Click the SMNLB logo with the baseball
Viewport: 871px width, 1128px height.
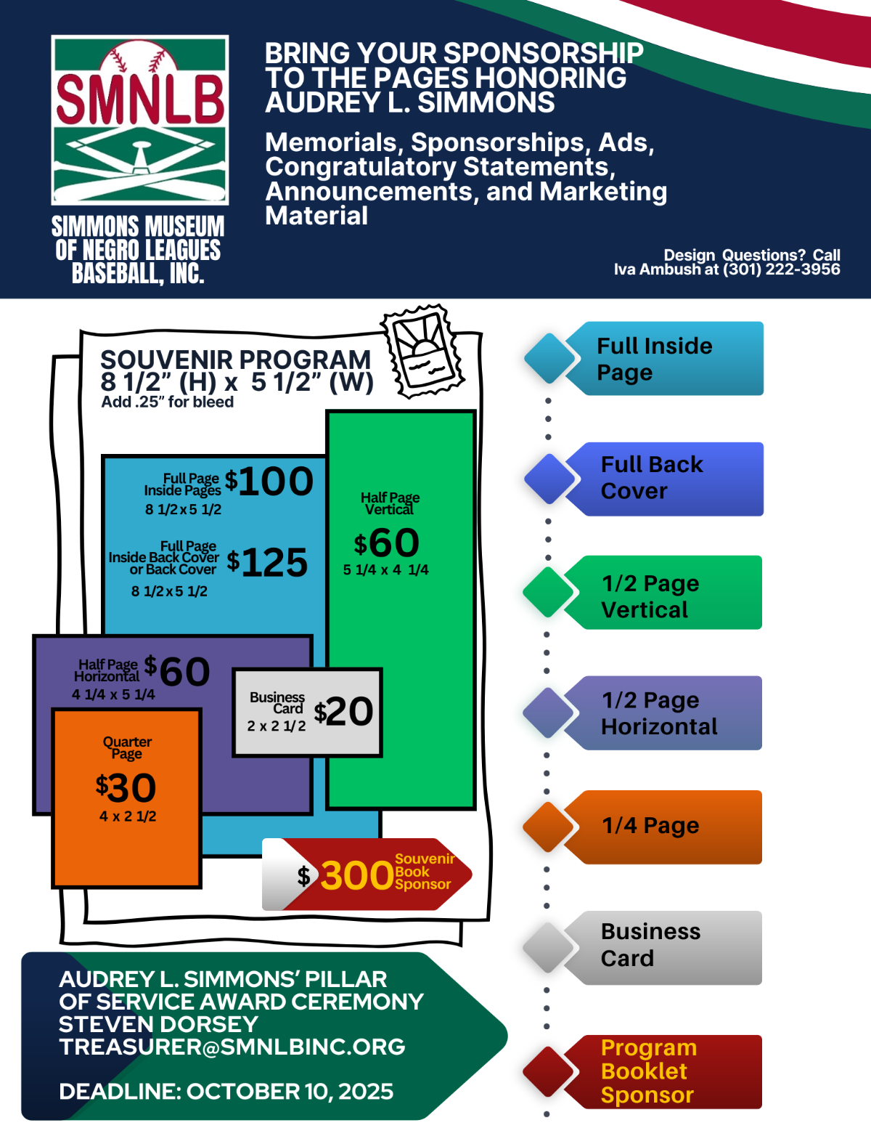140,120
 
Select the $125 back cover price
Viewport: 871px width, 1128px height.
268,562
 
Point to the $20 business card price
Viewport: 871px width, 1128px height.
344,711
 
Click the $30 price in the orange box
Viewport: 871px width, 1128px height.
126,787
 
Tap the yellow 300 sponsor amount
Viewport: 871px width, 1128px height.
357,875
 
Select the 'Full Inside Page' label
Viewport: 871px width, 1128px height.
654,359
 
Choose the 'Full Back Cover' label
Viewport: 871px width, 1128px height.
651,478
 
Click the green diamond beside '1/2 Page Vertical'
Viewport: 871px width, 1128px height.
549,592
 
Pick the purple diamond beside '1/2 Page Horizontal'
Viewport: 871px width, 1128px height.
549,713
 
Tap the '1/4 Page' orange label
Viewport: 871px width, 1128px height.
650,826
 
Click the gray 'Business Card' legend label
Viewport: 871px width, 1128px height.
650,945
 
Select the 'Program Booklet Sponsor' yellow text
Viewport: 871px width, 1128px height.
648,1071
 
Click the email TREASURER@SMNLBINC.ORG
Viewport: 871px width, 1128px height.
232,1047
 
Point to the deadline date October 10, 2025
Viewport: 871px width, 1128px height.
290,1091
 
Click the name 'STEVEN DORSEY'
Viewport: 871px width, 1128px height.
158,1024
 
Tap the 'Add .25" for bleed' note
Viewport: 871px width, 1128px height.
167,402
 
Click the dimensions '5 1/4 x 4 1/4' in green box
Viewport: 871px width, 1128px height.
385,570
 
